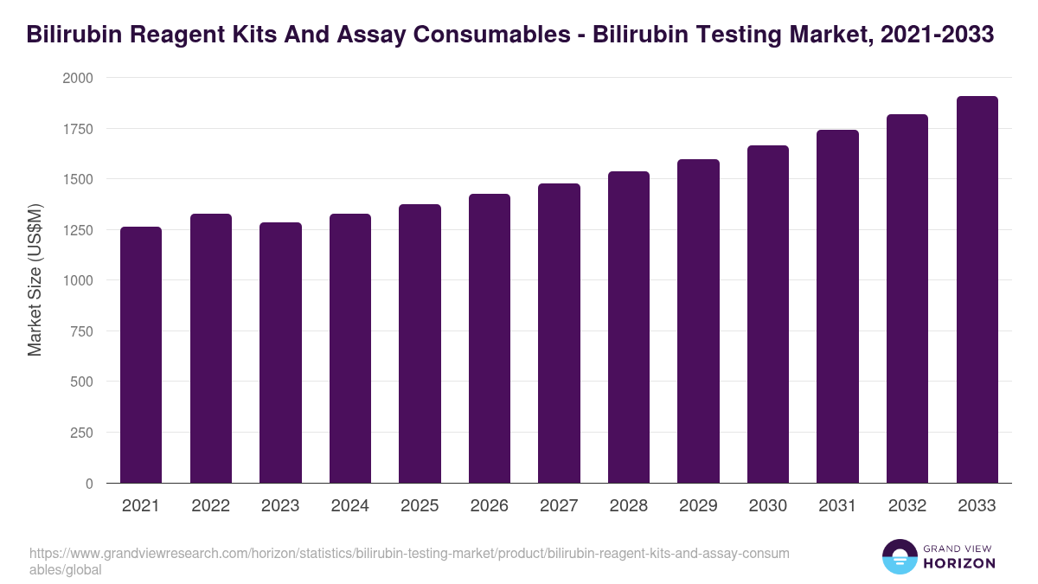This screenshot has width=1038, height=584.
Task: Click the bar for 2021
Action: pos(141,355)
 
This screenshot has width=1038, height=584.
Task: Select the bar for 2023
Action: pos(280,353)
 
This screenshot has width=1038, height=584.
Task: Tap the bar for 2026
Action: pos(490,338)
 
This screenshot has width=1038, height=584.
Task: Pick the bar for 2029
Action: pos(698,321)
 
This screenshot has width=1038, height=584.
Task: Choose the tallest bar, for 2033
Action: pos(977,290)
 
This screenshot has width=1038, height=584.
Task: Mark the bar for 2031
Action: pos(837,306)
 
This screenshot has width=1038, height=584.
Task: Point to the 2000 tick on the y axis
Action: pos(77,78)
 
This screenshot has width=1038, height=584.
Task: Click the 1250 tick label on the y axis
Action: pos(77,230)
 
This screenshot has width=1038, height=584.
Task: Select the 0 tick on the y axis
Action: pos(89,484)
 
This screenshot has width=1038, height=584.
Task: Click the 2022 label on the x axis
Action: pos(211,506)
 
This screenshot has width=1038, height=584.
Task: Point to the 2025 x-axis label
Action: pos(420,506)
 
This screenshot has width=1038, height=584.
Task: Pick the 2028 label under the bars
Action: pos(629,506)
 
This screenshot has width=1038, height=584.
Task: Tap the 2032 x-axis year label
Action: pos(907,506)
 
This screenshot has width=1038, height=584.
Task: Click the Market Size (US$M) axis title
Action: pos(35,280)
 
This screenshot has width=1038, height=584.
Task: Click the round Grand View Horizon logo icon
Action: pos(899,557)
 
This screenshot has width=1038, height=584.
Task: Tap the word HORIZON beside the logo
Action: pos(959,563)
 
